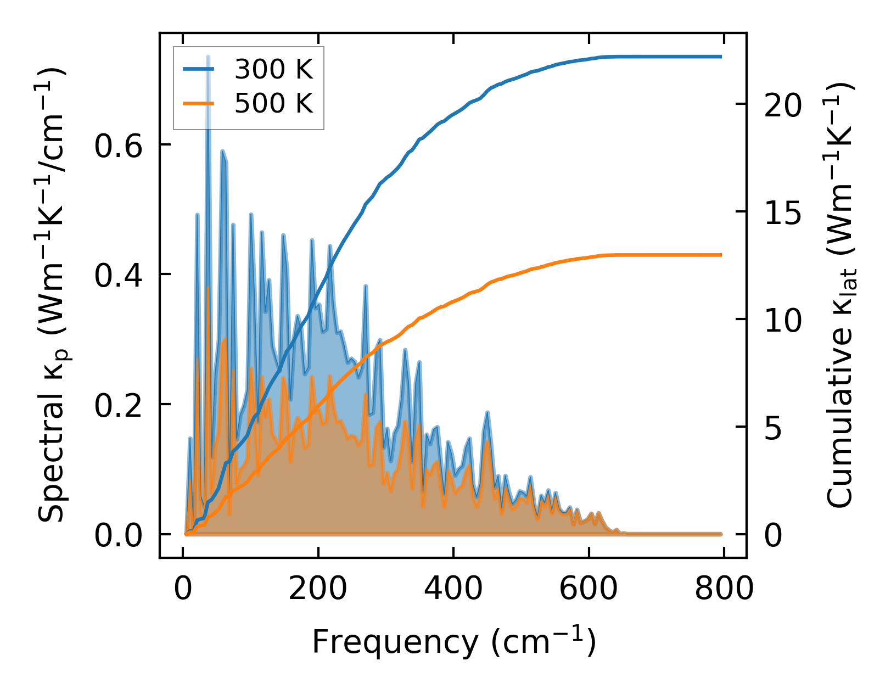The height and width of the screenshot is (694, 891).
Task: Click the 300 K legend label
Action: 273,70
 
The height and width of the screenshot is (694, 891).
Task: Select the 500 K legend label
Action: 273,103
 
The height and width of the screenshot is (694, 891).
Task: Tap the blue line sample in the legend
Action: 199,69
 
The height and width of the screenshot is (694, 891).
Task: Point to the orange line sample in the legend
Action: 199,103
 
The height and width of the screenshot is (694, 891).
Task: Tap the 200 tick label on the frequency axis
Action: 318,589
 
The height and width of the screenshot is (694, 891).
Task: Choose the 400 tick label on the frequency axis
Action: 453,589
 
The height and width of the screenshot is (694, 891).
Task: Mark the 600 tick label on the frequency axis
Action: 589,589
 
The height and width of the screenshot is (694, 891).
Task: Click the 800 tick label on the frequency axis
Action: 724,589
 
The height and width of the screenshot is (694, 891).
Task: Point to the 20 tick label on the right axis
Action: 782,106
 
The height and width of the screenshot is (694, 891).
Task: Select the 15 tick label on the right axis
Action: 782,214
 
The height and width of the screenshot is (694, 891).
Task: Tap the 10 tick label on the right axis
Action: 782,321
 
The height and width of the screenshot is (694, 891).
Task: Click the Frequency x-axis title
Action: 453,642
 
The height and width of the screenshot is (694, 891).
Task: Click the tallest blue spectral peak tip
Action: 208,57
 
